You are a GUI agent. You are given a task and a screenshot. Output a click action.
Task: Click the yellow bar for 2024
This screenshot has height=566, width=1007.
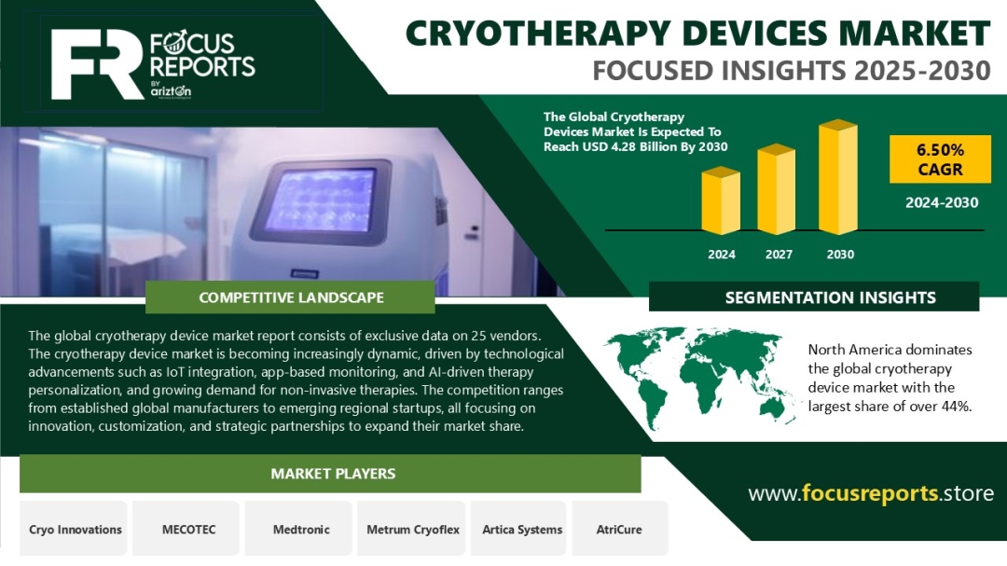[721, 200]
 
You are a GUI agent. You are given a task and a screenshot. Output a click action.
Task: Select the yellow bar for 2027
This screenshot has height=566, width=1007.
[777, 189]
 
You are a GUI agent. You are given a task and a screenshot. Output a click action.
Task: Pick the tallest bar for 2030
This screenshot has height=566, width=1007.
[838, 176]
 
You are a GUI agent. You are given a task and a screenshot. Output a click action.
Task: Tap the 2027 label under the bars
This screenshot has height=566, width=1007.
[779, 255]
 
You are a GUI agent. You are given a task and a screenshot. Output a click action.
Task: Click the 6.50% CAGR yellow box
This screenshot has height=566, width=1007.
[940, 159]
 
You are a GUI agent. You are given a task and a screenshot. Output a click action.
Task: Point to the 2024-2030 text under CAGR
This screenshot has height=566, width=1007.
[942, 203]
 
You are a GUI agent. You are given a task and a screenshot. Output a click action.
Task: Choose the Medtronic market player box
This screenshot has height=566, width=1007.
[301, 529]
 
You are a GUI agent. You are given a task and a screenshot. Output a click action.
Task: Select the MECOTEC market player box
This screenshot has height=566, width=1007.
[188, 529]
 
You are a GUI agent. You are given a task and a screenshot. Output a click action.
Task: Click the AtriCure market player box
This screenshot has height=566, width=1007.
[619, 529]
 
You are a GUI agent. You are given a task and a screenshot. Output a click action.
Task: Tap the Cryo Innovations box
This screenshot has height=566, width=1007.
[75, 529]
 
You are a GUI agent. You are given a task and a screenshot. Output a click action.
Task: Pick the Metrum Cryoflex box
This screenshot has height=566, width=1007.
[412, 529]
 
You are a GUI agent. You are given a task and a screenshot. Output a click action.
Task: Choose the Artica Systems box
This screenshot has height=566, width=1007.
[521, 529]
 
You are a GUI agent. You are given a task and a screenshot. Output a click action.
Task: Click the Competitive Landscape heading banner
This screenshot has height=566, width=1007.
[290, 297]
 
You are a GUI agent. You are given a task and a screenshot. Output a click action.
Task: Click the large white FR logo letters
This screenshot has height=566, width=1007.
[96, 63]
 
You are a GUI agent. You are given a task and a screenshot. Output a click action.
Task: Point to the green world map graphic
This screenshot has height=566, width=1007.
[700, 376]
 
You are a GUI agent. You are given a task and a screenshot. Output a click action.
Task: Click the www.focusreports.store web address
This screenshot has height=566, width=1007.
[871, 492]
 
